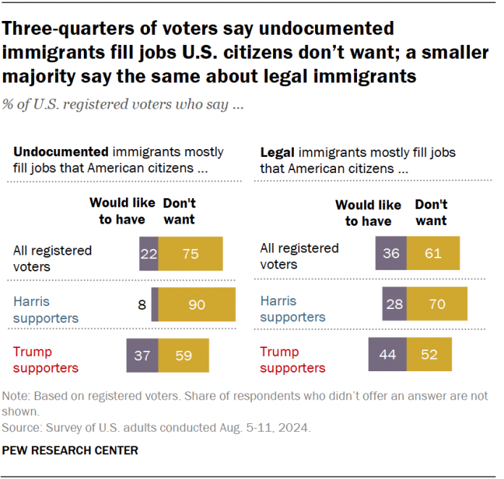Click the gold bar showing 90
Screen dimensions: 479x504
click(197, 305)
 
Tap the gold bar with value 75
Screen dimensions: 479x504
click(190, 254)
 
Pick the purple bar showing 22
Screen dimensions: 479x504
click(149, 254)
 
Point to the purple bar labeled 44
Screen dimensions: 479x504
click(387, 355)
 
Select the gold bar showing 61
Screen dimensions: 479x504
click(433, 254)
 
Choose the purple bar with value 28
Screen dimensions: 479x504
click(395, 305)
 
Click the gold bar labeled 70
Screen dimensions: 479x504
click(437, 305)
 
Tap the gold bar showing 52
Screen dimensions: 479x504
click(429, 355)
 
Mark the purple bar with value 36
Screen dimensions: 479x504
click(391, 254)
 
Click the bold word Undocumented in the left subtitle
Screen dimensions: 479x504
click(59, 153)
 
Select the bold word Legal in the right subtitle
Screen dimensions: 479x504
click(277, 153)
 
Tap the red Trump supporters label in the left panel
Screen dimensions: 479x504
click(46, 360)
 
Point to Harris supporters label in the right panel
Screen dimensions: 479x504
click(293, 309)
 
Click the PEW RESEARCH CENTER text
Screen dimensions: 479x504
click(70, 450)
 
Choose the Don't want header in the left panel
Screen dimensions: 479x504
click(179, 211)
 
